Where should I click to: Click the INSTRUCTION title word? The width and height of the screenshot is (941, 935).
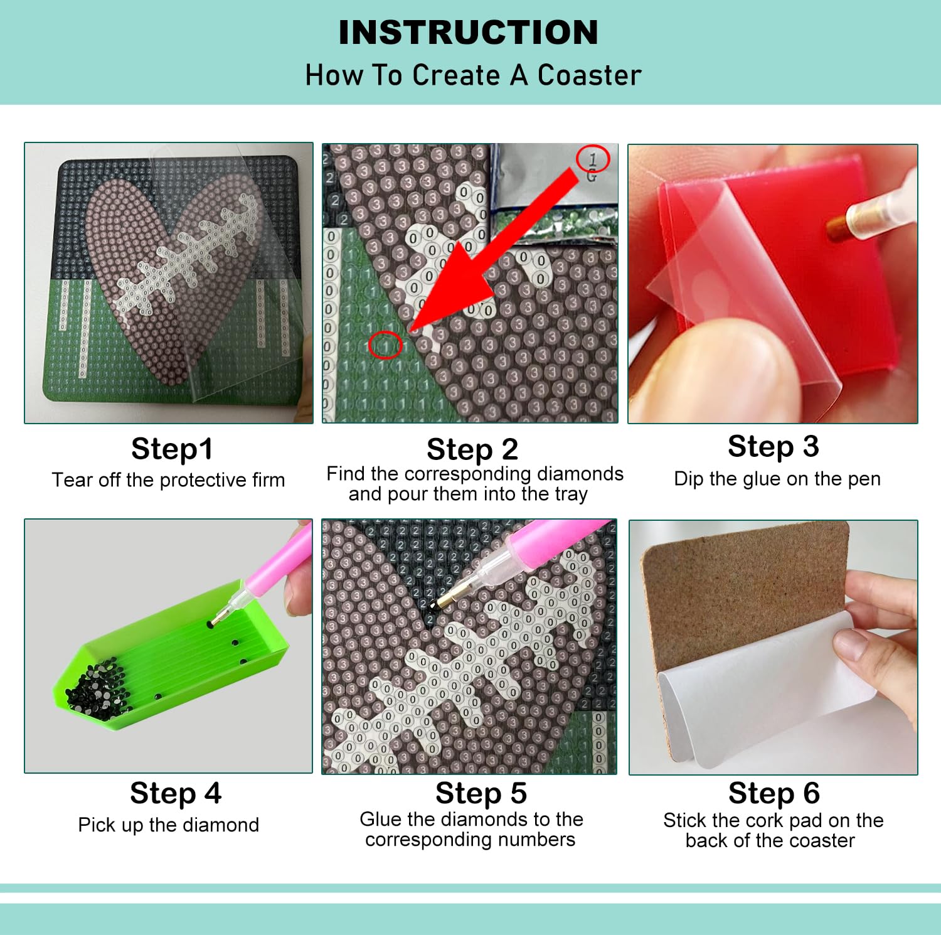point(468,33)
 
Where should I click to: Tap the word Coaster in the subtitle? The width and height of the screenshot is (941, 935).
point(589,75)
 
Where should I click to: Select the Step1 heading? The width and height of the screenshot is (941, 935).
point(172,449)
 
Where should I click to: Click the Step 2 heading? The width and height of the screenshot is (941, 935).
point(472,449)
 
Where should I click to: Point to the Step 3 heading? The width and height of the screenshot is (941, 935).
point(774,447)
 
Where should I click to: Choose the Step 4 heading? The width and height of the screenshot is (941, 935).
point(176,793)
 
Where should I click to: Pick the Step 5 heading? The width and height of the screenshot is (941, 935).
point(481,793)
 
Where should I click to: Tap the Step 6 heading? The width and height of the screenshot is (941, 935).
point(774,793)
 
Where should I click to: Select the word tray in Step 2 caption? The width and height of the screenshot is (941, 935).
point(570,494)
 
